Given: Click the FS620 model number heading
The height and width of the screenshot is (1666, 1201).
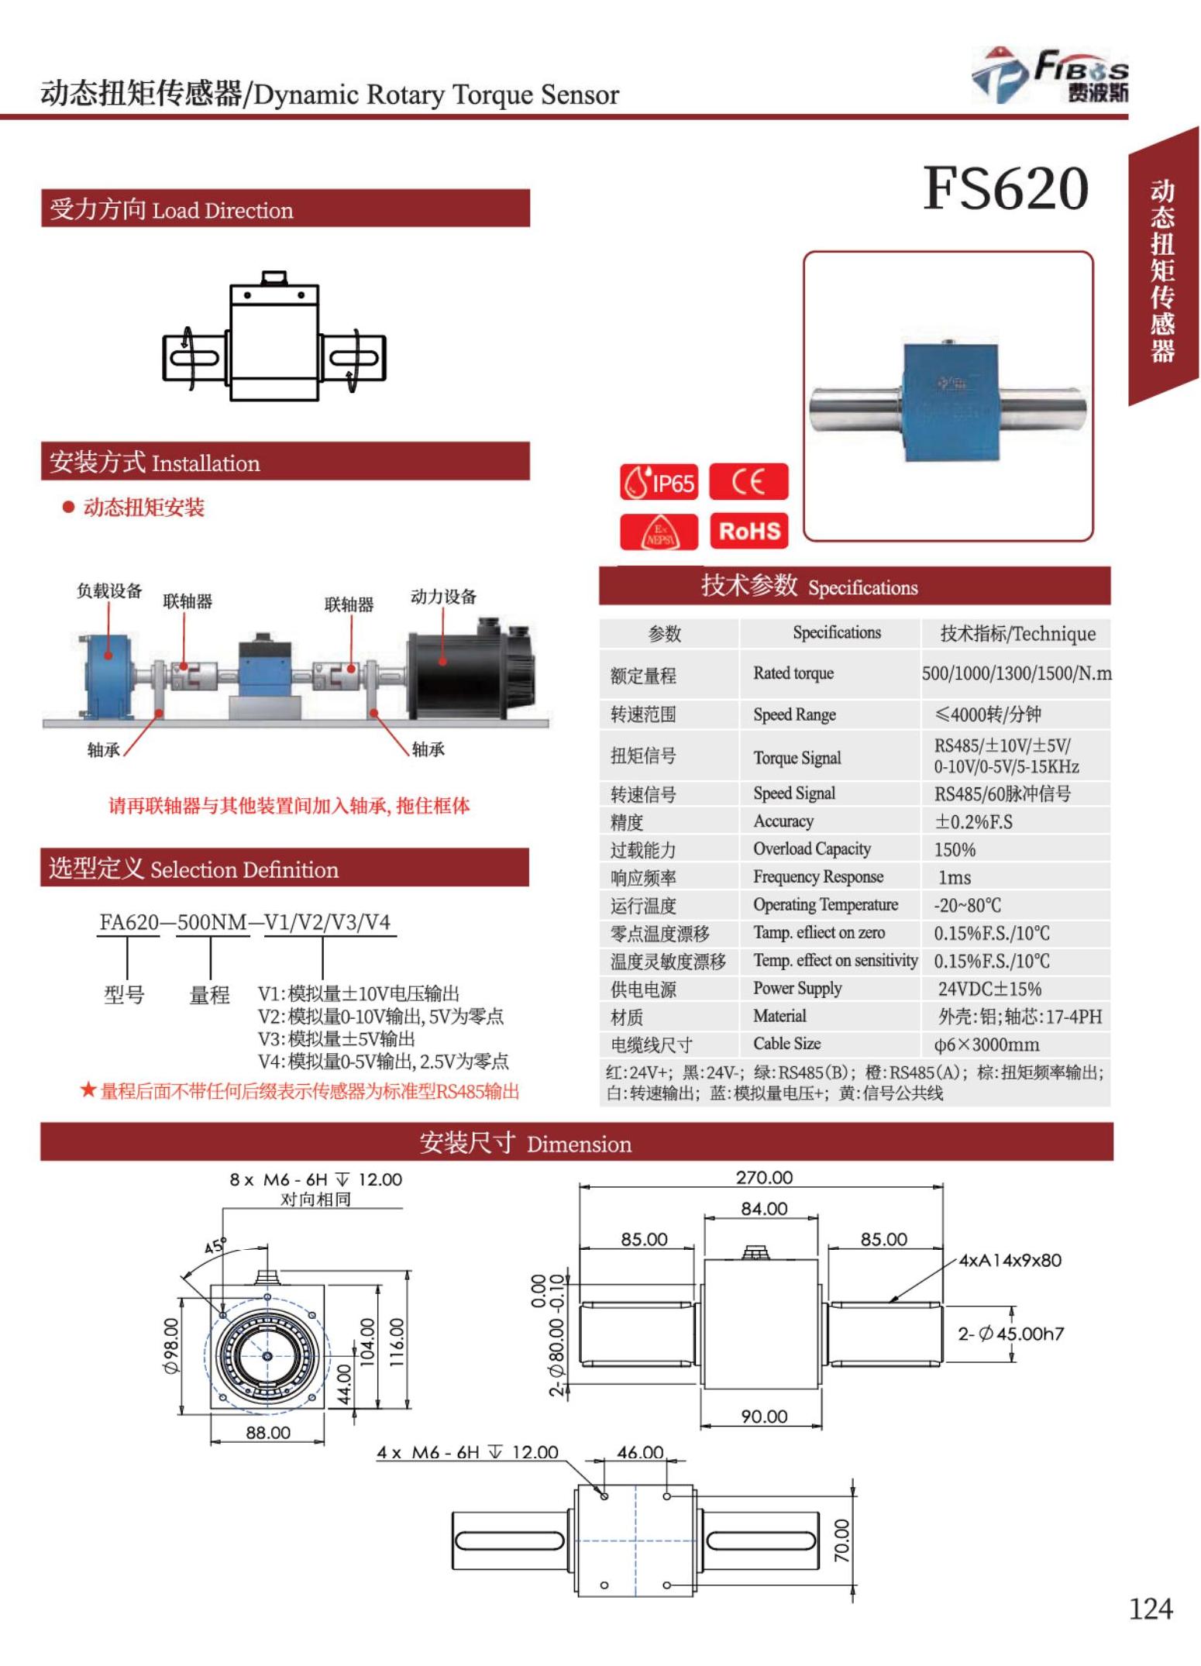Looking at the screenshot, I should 1005,188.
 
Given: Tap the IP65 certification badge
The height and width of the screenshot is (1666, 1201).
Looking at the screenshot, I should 659,483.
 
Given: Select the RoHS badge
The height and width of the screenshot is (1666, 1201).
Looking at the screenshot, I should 748,531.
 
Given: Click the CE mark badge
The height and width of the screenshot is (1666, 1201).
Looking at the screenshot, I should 748,482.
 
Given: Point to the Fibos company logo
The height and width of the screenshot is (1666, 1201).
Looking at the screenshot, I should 1050,75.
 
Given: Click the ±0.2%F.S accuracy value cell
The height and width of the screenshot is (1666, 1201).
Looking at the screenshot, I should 973,821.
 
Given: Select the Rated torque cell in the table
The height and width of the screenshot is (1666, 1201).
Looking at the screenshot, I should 793,673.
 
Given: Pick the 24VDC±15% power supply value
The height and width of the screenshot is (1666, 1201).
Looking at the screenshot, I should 989,989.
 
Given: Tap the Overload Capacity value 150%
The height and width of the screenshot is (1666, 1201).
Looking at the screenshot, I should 955,849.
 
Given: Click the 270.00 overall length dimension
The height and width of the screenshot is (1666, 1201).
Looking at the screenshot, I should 764,1177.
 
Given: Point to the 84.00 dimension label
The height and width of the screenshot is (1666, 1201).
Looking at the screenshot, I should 764,1208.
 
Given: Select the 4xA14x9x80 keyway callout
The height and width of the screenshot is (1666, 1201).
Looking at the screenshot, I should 1010,1260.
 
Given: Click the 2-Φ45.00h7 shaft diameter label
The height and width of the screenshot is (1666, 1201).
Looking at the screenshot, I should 1010,1334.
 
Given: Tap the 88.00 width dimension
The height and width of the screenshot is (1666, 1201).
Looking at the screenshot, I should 268,1432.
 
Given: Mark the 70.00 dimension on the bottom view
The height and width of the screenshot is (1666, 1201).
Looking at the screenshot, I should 841,1540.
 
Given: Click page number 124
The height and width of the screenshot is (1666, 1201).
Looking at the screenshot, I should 1150,1609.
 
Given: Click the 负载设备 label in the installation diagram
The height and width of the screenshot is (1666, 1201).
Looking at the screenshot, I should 109,590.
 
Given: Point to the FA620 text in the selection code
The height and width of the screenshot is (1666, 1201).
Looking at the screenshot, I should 129,922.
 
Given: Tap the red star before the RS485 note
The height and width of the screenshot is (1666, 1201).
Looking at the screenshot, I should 88,1090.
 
